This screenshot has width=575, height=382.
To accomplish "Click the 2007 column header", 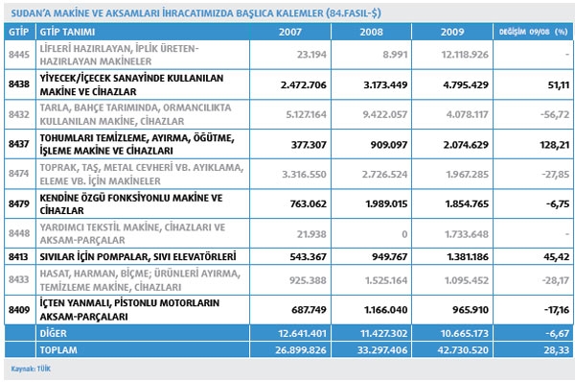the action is [290, 32].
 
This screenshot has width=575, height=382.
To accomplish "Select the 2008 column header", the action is [371, 32].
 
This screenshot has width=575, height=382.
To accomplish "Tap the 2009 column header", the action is [452, 32].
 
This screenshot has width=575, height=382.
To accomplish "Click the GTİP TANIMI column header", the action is [67, 32].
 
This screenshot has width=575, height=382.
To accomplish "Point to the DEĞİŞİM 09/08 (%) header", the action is [533, 32].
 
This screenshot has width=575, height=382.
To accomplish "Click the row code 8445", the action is [19, 55].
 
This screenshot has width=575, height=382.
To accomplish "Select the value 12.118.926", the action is [465, 55].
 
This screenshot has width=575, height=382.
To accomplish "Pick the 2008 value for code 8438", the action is [385, 84].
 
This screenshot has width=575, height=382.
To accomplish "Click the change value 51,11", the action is [559, 84].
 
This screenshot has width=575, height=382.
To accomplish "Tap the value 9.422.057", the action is [385, 114].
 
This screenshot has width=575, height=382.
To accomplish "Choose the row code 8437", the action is [19, 144].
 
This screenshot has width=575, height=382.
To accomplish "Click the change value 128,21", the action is [555, 145].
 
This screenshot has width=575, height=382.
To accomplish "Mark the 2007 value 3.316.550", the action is [304, 174].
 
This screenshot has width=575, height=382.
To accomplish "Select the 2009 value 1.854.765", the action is [467, 203].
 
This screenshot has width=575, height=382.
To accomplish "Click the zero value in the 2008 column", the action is [404, 234].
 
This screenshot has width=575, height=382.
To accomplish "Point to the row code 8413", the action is [18, 257].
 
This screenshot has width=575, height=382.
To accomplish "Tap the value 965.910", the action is [471, 310].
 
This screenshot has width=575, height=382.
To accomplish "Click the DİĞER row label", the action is [54, 333].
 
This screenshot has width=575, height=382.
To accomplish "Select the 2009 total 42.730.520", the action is [463, 350].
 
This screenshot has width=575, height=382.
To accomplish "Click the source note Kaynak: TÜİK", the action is [31, 369].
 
